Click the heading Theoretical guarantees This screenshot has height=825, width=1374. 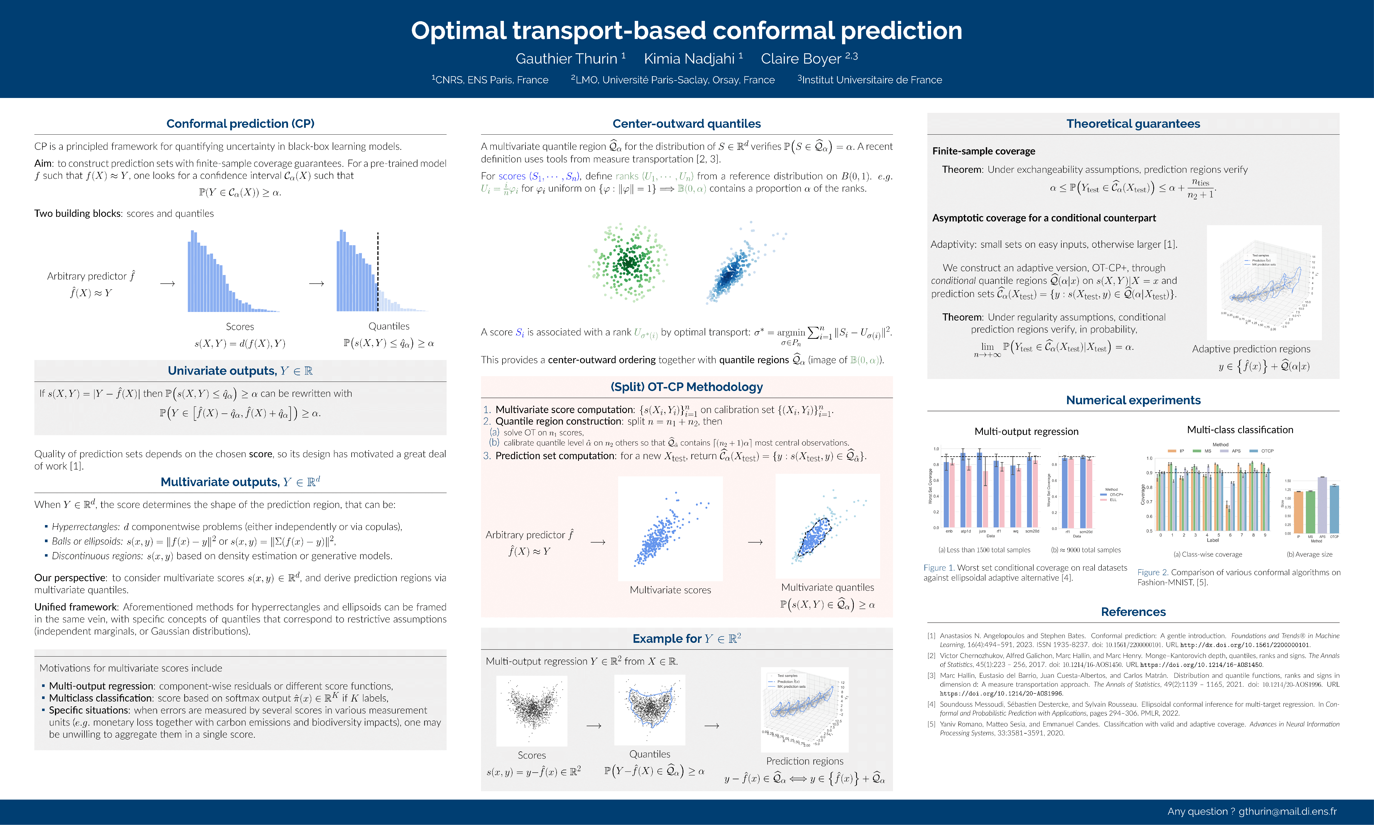tap(1133, 124)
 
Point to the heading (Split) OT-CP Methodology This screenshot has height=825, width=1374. tap(687, 387)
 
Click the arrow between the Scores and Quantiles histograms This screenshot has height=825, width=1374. tap(316, 284)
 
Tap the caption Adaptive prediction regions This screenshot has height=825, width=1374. tap(1251, 349)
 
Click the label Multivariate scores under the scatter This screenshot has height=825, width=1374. tap(670, 590)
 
